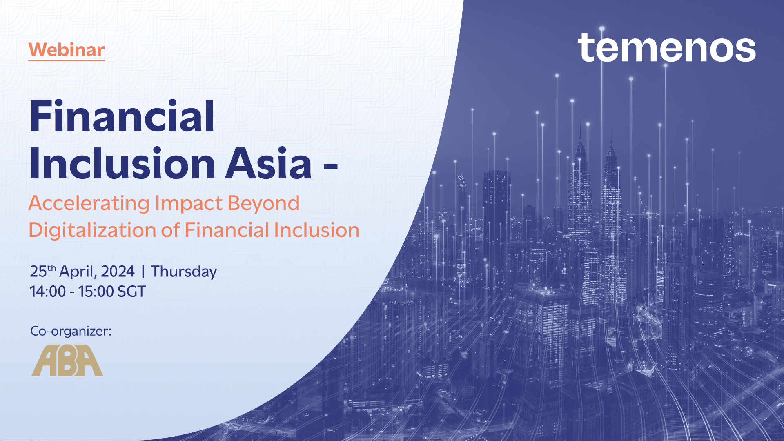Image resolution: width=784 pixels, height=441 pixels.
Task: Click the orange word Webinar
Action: (67, 50)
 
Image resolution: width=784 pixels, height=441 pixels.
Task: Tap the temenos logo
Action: (666, 48)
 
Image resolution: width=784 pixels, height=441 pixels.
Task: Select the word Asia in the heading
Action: (269, 163)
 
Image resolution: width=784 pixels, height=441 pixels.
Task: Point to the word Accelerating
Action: (89, 203)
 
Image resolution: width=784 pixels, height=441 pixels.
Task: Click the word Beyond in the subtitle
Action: (263, 203)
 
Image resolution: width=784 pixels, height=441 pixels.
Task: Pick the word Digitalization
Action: (92, 230)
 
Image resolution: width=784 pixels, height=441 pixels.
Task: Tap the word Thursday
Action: (184, 272)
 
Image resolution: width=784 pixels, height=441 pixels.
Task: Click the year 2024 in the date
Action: (118, 272)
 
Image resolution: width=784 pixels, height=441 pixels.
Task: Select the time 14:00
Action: (48, 292)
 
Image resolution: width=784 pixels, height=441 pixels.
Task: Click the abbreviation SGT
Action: (131, 292)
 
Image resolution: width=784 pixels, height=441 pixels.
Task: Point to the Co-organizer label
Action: (71, 331)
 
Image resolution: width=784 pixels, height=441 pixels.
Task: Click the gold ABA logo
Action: (67, 361)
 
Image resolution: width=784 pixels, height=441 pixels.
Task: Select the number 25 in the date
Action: (38, 272)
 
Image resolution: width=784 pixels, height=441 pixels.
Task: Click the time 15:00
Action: (96, 292)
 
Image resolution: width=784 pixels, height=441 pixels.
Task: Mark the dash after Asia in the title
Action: (330, 166)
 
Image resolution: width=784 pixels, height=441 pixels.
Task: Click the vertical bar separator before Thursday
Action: (143, 272)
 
